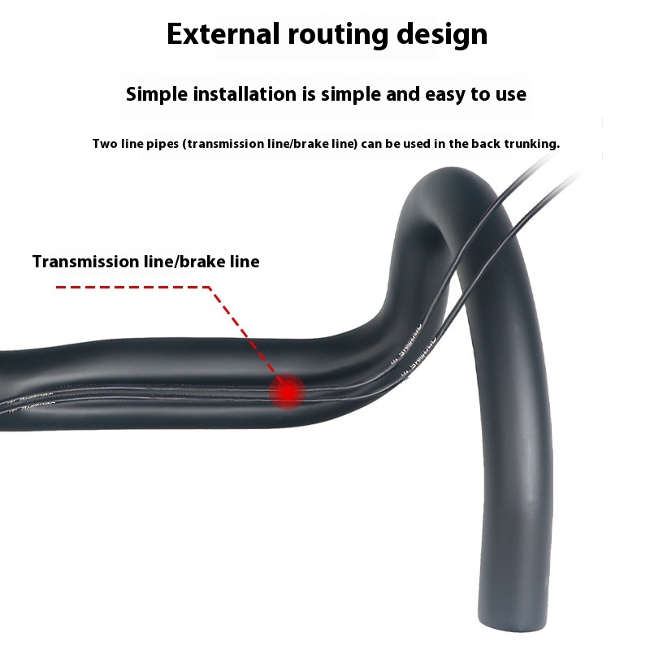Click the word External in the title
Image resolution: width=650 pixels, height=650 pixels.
(221, 34)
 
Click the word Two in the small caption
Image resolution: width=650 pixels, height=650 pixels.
(104, 144)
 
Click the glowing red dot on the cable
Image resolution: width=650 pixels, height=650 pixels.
(287, 392)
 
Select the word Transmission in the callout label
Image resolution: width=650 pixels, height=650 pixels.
(84, 262)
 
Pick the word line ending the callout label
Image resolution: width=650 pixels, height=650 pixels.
(245, 262)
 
